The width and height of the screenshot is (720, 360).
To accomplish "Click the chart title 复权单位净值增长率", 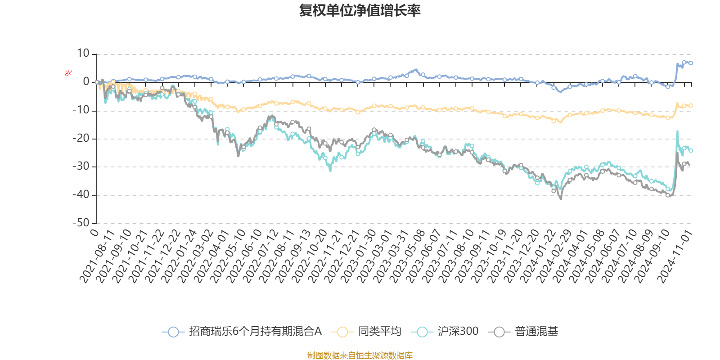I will pyautogui.click(x=360, y=11).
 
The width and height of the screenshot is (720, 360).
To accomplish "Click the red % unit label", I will pyautogui.click(x=68, y=73).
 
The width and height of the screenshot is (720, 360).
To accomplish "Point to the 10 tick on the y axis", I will pyautogui.click(x=83, y=54).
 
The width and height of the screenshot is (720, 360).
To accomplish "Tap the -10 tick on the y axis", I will pyautogui.click(x=81, y=110).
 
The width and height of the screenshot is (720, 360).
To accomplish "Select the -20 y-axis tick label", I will pyautogui.click(x=81, y=139).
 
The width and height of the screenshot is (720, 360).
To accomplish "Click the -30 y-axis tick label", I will pyautogui.click(x=81, y=166).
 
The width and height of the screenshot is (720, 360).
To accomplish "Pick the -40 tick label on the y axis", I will pyautogui.click(x=81, y=195).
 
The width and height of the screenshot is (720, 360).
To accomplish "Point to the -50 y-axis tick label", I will pyautogui.click(x=81, y=223).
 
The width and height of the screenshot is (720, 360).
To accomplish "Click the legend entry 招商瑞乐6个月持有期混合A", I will pyautogui.click(x=255, y=332).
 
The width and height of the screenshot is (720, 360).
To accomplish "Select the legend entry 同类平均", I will pyautogui.click(x=379, y=332).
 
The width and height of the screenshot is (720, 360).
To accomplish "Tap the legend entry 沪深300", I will pyautogui.click(x=458, y=332).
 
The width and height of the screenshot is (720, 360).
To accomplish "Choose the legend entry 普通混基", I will pyautogui.click(x=536, y=332).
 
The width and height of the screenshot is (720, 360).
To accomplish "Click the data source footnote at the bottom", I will pyautogui.click(x=360, y=355).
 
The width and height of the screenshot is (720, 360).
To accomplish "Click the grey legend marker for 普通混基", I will pyautogui.click(x=499, y=332).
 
